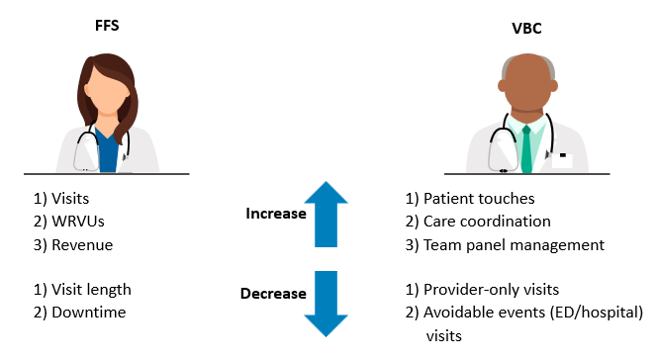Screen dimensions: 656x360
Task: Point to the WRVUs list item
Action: click(x=66, y=221)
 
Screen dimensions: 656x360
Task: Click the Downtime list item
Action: click(x=74, y=313)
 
